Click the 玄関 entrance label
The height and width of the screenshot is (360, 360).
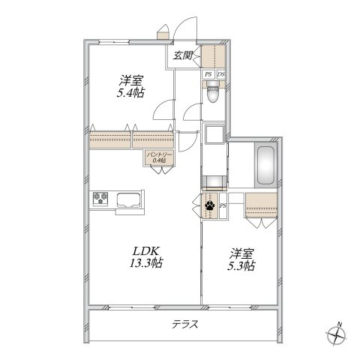click(183, 55)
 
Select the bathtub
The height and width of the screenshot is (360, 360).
click(265, 165)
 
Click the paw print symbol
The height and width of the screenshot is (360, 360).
click(209, 205)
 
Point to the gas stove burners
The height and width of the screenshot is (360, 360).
click(100, 199)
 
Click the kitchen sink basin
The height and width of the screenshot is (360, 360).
click(128, 200)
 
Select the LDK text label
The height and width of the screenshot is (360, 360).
click(146, 250)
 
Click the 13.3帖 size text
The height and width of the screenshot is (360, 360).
click(146, 263)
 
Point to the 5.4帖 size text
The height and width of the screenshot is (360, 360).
click(130, 93)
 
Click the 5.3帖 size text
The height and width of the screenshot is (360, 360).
click(241, 266)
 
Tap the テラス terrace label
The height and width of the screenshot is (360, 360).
click(185, 324)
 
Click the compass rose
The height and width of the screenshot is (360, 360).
click(337, 334)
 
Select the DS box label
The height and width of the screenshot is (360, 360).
click(221, 74)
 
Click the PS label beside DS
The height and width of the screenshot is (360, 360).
click(208, 74)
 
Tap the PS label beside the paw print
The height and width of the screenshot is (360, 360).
click(223, 205)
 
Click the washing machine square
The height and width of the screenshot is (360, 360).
click(214, 134)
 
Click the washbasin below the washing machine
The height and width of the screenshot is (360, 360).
click(214, 181)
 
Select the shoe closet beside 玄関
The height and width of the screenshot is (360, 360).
click(214, 56)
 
